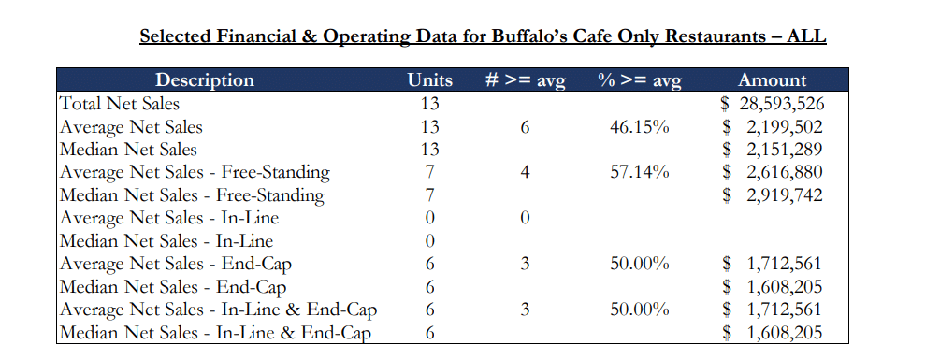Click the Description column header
[x=204, y=80]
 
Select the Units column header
[x=430, y=80]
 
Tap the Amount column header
[x=772, y=80]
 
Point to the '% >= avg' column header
[x=640, y=80]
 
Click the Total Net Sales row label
[x=120, y=103]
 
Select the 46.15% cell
[x=640, y=126]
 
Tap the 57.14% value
[x=640, y=172]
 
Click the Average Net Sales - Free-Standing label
[x=195, y=172]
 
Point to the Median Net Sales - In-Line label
[x=166, y=241]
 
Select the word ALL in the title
[x=806, y=36]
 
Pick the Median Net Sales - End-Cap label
[x=173, y=287]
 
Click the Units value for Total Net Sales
[x=430, y=103]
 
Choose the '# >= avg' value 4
[x=525, y=172]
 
